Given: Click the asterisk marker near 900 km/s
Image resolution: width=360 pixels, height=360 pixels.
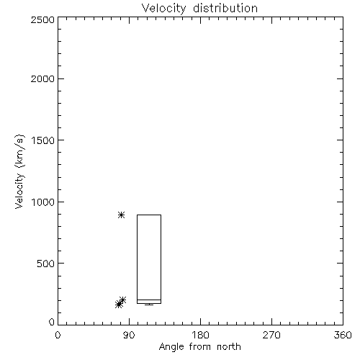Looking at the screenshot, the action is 122,215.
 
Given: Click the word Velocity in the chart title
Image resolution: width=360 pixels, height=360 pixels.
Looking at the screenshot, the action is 164,8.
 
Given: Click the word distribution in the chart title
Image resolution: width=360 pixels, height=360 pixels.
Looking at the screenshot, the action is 225,8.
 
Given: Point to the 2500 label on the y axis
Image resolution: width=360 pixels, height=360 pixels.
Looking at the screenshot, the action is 42,19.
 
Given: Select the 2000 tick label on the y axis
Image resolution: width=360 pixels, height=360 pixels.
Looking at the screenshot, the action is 42,78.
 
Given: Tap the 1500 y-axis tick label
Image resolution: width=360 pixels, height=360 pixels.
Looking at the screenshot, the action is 43,140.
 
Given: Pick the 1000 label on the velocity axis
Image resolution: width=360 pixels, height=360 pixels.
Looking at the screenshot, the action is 43,202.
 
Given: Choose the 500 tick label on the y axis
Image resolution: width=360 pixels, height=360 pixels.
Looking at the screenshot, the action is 46,264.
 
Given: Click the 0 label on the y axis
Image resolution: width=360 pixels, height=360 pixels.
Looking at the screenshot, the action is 52,322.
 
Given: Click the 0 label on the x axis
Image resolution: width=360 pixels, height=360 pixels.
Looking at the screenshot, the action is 58,335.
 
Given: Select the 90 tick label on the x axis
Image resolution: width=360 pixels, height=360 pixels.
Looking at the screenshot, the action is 129,335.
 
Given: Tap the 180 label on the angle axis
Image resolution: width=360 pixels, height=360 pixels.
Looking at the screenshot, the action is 200,335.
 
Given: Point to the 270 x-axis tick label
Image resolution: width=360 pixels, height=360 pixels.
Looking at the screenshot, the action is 271,335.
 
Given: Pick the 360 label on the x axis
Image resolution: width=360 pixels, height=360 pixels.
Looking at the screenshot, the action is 343,335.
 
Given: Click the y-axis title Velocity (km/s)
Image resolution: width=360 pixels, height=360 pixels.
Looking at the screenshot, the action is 19,171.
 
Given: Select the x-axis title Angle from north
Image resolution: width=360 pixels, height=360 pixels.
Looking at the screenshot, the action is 200,347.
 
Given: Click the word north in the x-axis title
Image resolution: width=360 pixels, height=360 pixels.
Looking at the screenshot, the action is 229,347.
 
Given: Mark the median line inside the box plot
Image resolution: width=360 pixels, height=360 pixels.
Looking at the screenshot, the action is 149,300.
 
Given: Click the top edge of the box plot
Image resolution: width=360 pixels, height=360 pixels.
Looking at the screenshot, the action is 149,215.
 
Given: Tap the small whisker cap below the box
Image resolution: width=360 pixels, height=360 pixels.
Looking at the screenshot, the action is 149,305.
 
